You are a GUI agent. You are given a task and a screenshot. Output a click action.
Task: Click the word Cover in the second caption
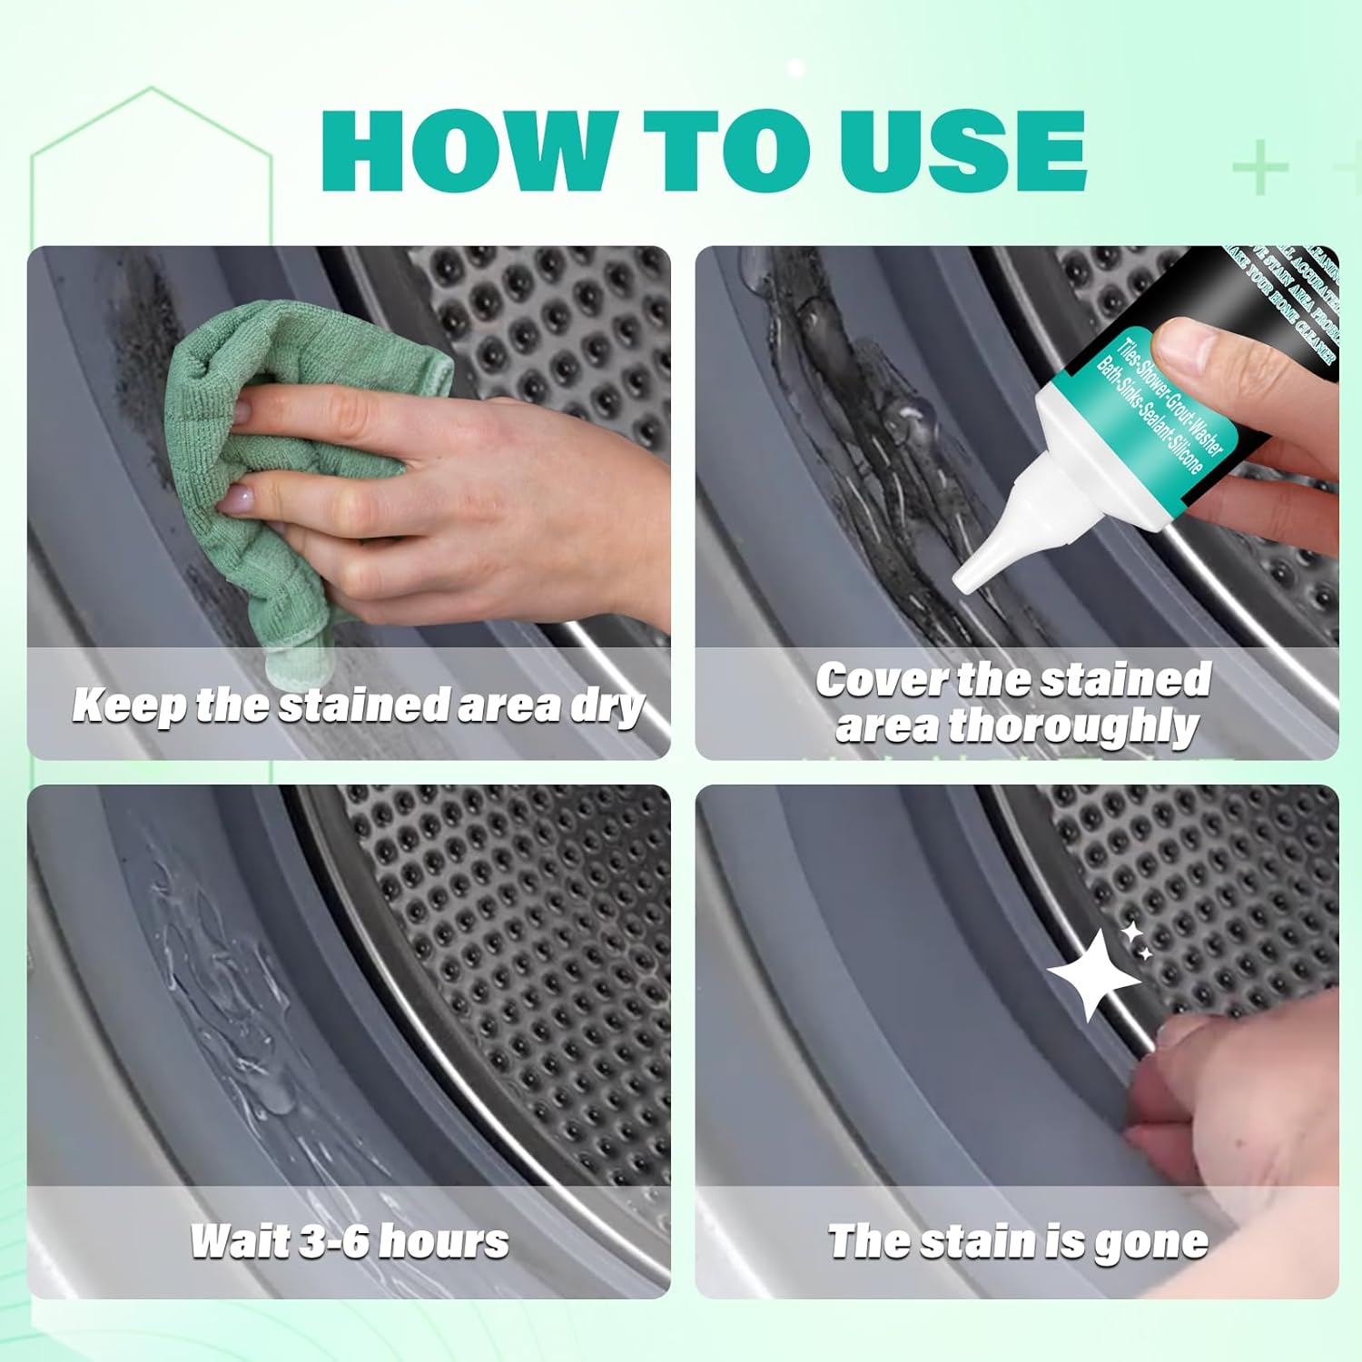pyautogui.click(x=881, y=680)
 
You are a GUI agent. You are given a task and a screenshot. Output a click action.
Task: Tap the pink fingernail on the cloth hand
pyautogui.click(x=239, y=499)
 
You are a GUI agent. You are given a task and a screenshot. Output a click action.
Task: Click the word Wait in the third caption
pyautogui.click(x=239, y=1241)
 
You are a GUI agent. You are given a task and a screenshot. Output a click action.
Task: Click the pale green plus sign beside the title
pyautogui.click(x=1260, y=169)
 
